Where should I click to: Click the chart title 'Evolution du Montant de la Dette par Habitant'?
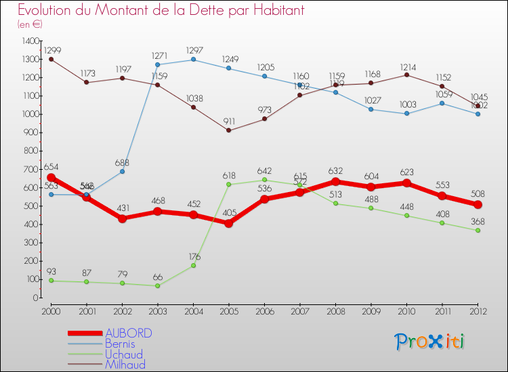(x=161, y=11)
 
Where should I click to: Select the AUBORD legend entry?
(x=129, y=333)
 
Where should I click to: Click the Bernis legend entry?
(x=121, y=344)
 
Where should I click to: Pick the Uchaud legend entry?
(x=124, y=354)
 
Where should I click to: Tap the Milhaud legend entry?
(x=125, y=365)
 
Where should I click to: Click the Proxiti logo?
(x=430, y=342)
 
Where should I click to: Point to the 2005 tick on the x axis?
(x=229, y=310)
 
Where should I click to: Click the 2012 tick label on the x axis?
(x=478, y=310)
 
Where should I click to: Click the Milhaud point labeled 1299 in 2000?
(x=51, y=59)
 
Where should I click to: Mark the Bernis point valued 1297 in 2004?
(x=194, y=60)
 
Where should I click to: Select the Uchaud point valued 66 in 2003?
(x=158, y=285)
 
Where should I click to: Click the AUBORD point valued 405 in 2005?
(x=229, y=223)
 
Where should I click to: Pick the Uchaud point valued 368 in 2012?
(x=478, y=230)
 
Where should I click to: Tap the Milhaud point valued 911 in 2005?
(x=229, y=131)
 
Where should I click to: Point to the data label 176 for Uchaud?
(x=194, y=256)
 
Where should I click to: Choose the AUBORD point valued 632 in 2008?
(x=335, y=181)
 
